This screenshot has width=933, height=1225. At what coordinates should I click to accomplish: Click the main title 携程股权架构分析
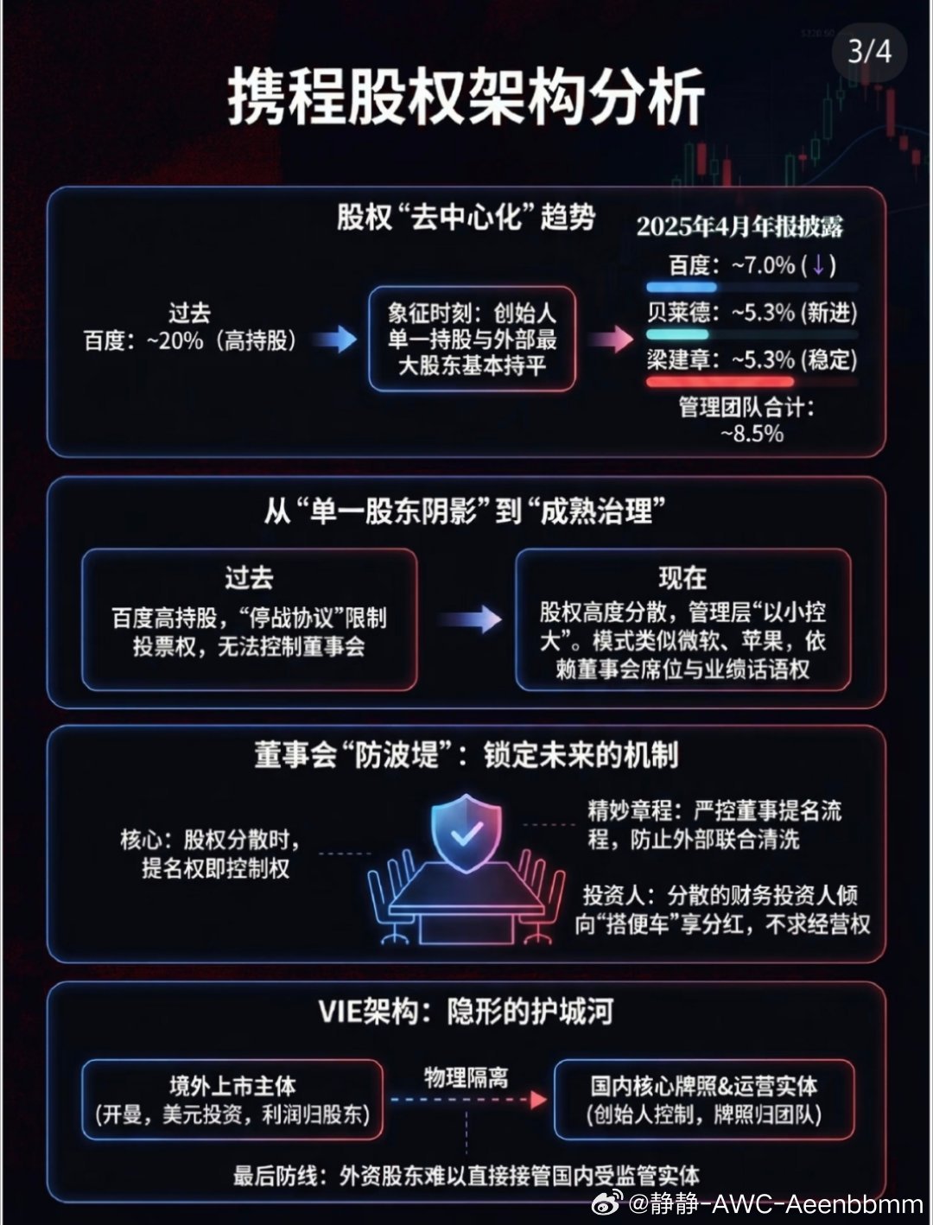(466, 96)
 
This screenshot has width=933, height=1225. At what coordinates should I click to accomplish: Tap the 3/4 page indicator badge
(868, 51)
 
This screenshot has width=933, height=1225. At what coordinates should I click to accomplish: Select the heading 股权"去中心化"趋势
(466, 217)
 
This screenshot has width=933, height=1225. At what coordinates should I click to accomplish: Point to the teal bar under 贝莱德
(677, 334)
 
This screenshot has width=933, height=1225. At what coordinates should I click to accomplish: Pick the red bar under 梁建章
(720, 381)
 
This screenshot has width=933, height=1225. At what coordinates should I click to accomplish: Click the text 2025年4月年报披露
(739, 226)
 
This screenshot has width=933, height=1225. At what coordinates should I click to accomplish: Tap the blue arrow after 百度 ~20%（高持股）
(334, 340)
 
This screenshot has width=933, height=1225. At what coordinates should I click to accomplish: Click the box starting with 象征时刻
(472, 339)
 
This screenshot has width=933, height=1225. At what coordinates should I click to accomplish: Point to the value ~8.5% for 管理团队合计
(752, 434)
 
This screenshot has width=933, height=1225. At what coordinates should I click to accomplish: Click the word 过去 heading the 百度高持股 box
(249, 577)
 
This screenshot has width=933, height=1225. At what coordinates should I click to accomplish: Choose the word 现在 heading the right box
(682, 577)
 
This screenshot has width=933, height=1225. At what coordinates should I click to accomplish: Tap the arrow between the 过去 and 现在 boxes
(469, 619)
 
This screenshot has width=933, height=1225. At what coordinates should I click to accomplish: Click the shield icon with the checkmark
(467, 832)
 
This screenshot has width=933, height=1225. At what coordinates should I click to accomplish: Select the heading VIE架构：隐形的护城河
(466, 1012)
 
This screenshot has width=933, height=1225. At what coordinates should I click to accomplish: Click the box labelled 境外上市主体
(232, 1099)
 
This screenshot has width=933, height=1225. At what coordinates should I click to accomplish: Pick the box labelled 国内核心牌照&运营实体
(704, 1099)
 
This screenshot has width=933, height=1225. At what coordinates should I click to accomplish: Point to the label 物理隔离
(466, 1077)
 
